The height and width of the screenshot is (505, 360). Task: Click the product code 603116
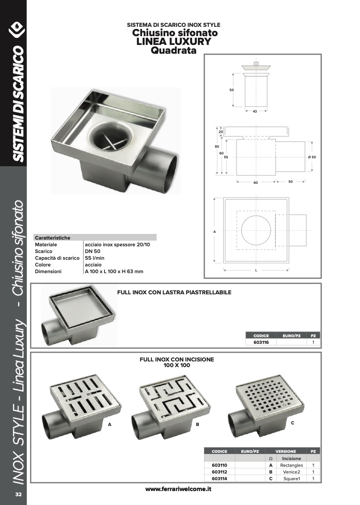point(261,342)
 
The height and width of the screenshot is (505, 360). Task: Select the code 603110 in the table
point(220,465)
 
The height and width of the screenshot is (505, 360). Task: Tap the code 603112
point(220,472)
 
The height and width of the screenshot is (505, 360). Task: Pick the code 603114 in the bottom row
point(220,479)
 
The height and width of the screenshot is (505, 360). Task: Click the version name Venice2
point(291,472)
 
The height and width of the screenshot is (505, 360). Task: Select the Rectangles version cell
point(291,465)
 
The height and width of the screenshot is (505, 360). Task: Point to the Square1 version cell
point(291,479)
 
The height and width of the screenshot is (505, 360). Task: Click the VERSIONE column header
point(286,451)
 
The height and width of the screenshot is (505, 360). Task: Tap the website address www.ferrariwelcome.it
point(178,489)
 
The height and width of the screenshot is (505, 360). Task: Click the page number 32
point(19,494)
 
